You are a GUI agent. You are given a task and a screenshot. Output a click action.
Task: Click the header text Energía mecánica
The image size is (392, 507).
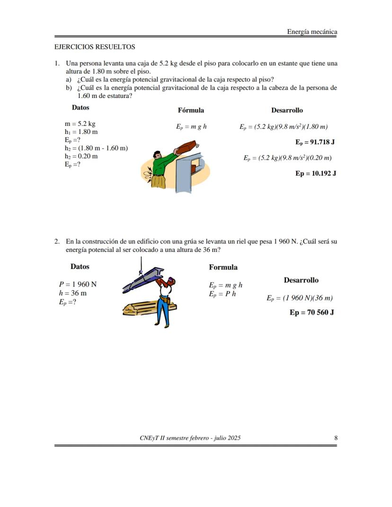(312, 32)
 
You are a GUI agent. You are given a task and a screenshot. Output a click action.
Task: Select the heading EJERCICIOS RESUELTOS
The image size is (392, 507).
(95, 47)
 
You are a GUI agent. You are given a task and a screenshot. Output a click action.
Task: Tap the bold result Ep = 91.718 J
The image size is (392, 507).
(315, 142)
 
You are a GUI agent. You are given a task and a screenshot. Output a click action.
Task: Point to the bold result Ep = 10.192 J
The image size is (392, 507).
(316, 173)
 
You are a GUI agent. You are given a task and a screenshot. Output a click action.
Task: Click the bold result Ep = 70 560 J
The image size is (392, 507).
(312, 312)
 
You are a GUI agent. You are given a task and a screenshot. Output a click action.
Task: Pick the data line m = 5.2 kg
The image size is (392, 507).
(80, 124)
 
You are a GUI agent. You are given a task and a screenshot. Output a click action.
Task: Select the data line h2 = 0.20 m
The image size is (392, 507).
(81, 156)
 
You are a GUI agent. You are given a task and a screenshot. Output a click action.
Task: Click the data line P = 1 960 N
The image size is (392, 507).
(78, 285)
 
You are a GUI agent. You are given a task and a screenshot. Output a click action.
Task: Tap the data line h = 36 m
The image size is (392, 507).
(72, 293)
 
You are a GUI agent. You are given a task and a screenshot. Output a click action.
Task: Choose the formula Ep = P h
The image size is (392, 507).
(223, 294)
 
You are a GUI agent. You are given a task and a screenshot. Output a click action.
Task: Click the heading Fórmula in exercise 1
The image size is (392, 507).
(191, 110)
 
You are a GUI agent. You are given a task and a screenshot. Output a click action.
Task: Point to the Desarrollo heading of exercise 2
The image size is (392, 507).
(301, 280)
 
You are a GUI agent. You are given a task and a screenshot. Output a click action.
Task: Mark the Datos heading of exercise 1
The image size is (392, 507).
(80, 107)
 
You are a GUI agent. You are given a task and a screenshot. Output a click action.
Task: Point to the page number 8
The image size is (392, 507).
(336, 438)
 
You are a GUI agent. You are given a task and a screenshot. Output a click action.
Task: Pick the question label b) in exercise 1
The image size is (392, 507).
(69, 88)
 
